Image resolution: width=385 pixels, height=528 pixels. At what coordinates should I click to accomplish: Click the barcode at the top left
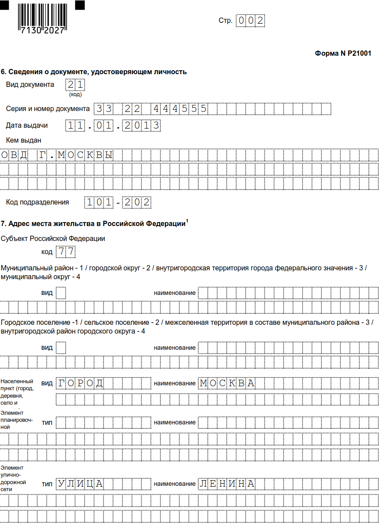pyautogui.click(x=42, y=18)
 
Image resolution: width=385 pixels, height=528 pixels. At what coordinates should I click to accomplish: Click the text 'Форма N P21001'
pyautogui.click(x=343, y=54)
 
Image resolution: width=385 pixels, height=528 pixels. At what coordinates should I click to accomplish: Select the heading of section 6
pyautogui.click(x=94, y=72)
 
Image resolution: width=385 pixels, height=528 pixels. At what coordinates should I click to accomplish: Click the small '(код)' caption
pyautogui.click(x=75, y=94)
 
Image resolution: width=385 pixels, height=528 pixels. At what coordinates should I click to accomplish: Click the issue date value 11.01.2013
pyautogui.click(x=113, y=126)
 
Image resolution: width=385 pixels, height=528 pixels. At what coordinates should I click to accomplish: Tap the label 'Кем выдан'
pyautogui.click(x=24, y=140)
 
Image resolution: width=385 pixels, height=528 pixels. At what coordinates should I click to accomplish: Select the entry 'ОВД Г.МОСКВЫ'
pyautogui.click(x=57, y=155)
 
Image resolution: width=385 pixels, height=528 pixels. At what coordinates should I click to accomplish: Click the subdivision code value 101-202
pyautogui.click(x=118, y=202)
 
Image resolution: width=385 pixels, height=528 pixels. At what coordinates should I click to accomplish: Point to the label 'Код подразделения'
pyautogui.click(x=37, y=202)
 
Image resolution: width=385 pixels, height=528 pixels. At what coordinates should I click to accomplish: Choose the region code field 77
pyautogui.click(x=65, y=252)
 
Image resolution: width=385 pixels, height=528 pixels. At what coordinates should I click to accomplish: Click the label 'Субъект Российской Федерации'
pyautogui.click(x=53, y=238)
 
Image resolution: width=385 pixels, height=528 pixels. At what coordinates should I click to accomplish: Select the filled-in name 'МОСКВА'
pyautogui.click(x=227, y=383)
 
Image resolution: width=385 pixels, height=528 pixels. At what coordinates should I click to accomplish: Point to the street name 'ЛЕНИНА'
pyautogui.click(x=227, y=484)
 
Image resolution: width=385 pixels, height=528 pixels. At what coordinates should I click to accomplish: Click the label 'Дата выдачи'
pyautogui.click(x=27, y=126)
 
